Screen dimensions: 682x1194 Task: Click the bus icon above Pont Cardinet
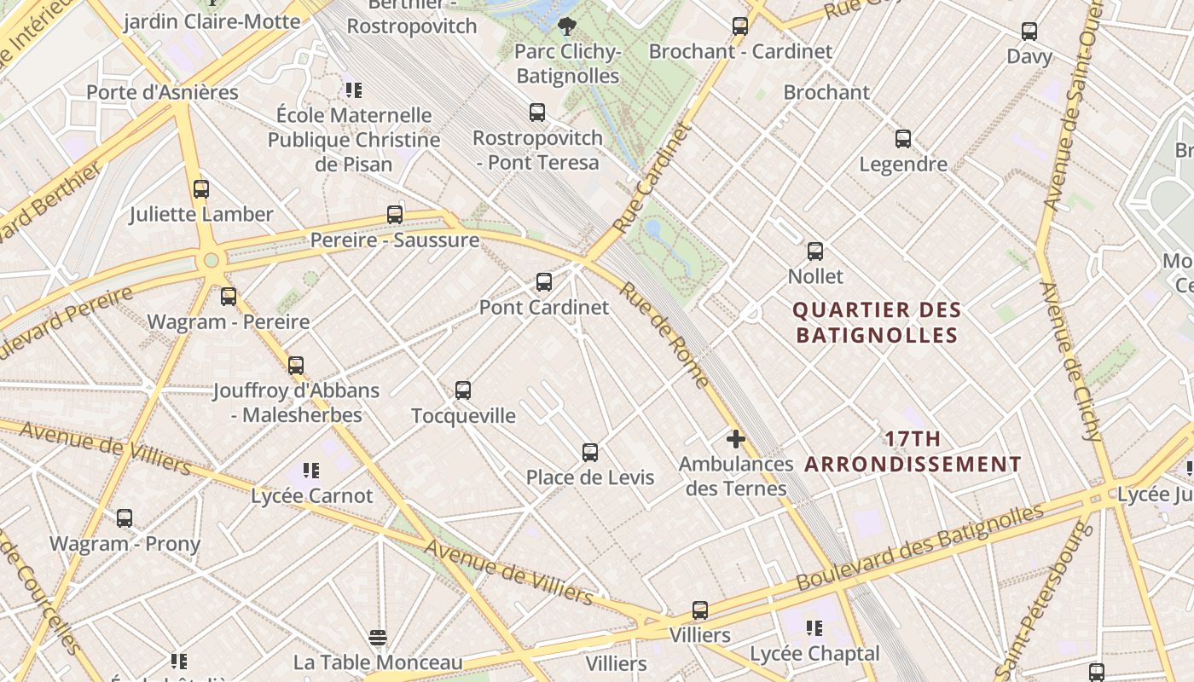(x=543, y=282)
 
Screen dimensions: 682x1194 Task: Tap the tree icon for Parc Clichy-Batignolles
(x=566, y=26)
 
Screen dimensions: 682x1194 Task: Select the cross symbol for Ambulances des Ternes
(x=735, y=440)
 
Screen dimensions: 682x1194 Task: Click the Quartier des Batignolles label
(x=877, y=322)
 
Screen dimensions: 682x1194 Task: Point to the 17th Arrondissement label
(x=913, y=452)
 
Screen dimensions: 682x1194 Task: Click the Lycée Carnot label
(x=312, y=495)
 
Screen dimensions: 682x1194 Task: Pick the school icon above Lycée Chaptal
(x=814, y=628)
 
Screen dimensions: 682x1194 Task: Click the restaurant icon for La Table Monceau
(x=378, y=638)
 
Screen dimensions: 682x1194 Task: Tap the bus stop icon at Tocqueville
(x=463, y=390)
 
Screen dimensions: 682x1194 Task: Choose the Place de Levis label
(x=590, y=477)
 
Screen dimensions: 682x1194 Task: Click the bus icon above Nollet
(x=815, y=251)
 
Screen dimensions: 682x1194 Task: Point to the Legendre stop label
(x=903, y=165)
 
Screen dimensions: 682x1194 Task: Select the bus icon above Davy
(x=1029, y=32)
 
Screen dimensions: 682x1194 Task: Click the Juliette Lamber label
(x=201, y=215)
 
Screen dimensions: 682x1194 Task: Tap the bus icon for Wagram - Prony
(x=125, y=518)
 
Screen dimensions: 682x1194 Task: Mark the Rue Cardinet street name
(x=650, y=179)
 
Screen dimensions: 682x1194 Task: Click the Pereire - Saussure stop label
(x=394, y=240)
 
